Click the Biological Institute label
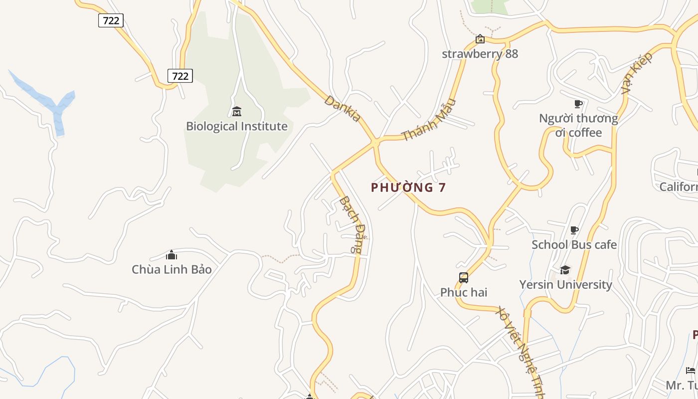pos(237,126)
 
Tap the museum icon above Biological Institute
pos(237,111)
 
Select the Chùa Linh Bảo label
pos(172,269)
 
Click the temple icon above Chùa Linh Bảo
pos(172,255)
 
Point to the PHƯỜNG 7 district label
pos(408,188)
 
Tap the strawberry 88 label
pos(480,54)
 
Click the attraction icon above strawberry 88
pos(480,39)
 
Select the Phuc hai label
pos(464,292)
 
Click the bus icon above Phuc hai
pos(464,278)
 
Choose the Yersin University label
pos(565,285)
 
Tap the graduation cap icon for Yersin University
pos(565,270)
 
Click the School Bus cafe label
pos(574,245)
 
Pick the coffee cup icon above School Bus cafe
pos(574,230)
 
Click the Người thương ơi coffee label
pos(578,125)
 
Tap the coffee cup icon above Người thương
pos(578,104)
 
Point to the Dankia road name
pos(343,109)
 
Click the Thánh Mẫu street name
pos(429,120)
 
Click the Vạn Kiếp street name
pos(637,74)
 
